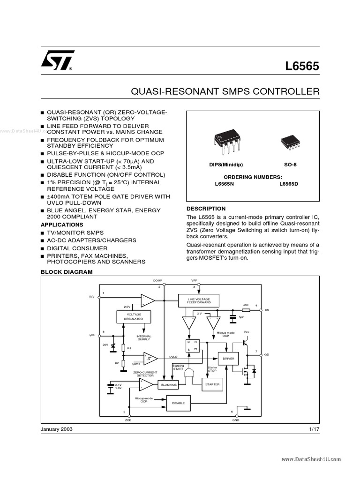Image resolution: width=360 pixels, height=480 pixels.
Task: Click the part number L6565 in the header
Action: click(x=302, y=66)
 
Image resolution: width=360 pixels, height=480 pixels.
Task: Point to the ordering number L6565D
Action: click(x=289, y=184)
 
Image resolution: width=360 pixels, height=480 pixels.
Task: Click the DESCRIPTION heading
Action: click(x=206, y=209)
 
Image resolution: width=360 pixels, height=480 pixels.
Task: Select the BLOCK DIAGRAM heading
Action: click(x=67, y=272)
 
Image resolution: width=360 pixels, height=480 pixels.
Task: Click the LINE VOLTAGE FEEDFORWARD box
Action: click(x=199, y=301)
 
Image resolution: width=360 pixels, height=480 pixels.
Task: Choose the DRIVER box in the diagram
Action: click(x=228, y=359)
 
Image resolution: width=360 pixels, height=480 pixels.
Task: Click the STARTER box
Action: click(x=212, y=384)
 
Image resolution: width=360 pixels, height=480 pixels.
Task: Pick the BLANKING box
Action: click(x=168, y=384)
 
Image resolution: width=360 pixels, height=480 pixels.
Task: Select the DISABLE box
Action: click(x=178, y=403)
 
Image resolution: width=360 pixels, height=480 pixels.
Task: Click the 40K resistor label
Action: click(x=245, y=305)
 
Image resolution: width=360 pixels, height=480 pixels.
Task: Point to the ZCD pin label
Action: click(x=128, y=420)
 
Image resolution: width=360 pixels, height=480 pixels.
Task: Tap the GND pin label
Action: click(x=235, y=420)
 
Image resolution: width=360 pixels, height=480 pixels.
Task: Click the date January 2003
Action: click(x=57, y=429)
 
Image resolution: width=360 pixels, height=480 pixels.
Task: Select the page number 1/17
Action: click(x=314, y=429)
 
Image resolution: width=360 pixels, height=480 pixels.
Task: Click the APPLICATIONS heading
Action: click(x=62, y=225)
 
